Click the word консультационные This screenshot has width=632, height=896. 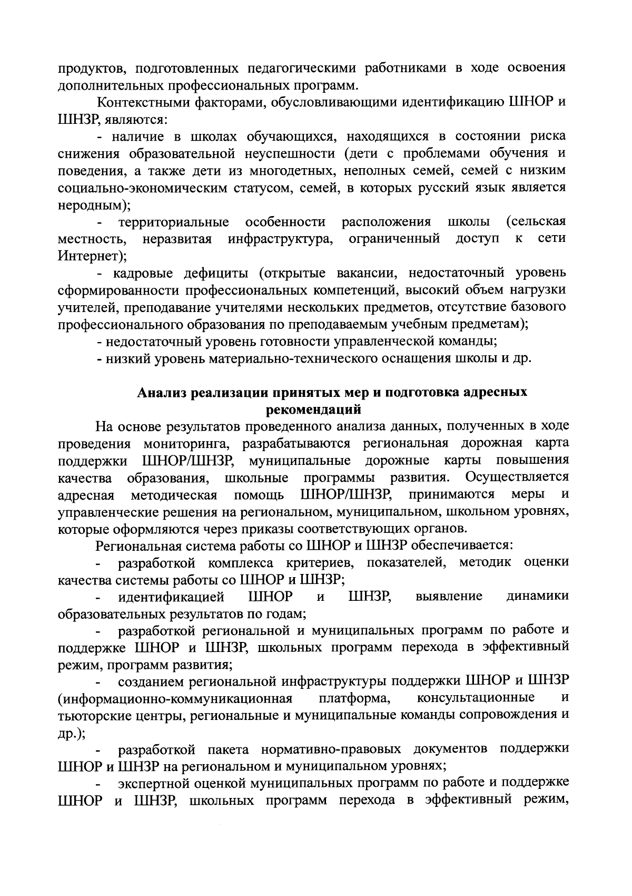tap(476, 699)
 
